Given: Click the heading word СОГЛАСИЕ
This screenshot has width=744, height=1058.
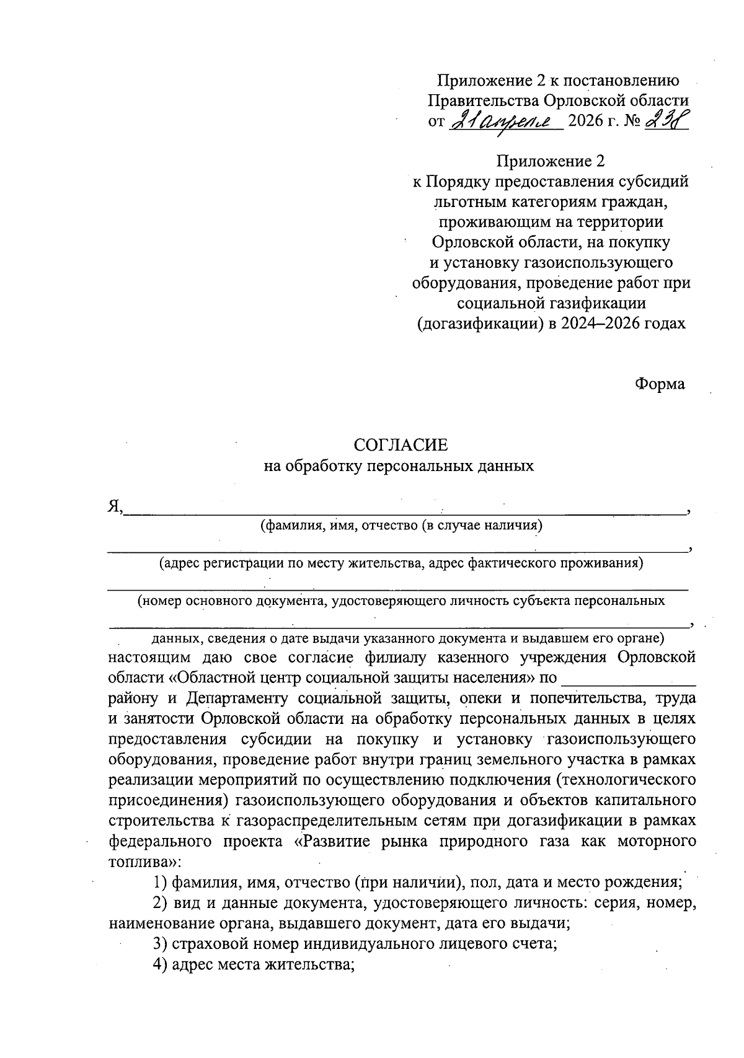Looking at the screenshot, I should coord(400,444).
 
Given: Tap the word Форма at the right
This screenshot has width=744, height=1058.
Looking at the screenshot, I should coord(660,384).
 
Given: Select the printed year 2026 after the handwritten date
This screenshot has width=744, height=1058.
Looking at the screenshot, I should coord(585,120).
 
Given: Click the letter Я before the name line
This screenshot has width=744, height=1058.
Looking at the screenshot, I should coord(114,508).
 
